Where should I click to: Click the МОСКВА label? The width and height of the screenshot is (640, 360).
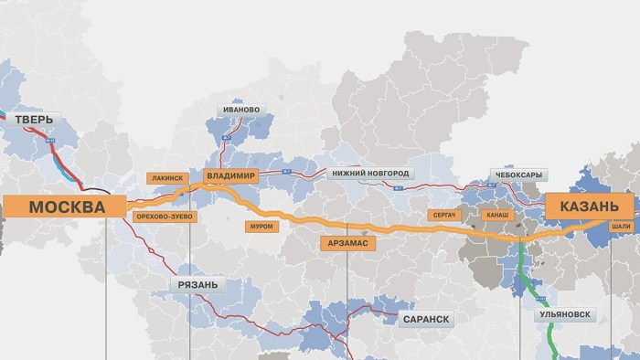click(x=67, y=207)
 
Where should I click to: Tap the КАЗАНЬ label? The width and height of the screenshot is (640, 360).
click(x=588, y=206)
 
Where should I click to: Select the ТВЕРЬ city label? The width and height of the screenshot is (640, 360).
click(x=34, y=120)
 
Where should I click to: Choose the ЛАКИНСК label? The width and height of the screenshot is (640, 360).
click(x=166, y=178)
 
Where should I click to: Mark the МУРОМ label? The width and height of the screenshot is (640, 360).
click(x=261, y=225)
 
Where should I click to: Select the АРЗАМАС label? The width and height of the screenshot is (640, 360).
click(x=349, y=243)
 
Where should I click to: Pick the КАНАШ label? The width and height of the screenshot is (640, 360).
click(x=498, y=216)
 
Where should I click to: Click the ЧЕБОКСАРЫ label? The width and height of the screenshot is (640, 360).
click(x=517, y=174)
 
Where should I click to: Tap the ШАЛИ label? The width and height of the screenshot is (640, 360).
click(x=621, y=225)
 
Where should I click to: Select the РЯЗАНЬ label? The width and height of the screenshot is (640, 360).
click(x=197, y=285)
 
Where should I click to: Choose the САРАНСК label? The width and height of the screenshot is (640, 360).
click(x=425, y=319)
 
